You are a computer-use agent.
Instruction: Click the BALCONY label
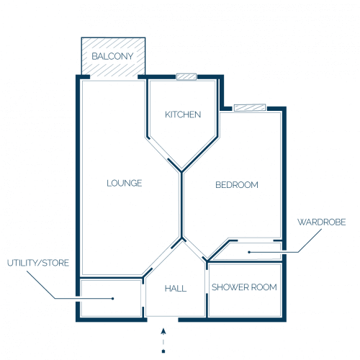coord(112,56)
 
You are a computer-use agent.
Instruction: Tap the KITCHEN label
coord(183,114)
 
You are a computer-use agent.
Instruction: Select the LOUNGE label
coord(125,183)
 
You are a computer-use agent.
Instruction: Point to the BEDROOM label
coord(237,185)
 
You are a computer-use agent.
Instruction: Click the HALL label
coord(176,289)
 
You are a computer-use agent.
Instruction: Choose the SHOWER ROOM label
coord(244,287)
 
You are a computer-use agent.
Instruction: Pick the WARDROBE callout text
coord(322,222)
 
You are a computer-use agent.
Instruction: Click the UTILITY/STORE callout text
coord(38,263)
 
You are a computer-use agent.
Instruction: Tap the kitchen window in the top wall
coord(186,77)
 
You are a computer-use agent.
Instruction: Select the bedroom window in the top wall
coord(250,107)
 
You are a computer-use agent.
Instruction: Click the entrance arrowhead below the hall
coord(163,331)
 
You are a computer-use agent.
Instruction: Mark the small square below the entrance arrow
coord(163,351)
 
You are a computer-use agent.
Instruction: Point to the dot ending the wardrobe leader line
coord(249,252)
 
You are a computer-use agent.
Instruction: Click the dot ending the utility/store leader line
coord(113,299)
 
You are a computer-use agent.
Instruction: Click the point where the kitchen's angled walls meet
coord(181,171)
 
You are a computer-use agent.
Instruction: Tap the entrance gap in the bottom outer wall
coord(163,320)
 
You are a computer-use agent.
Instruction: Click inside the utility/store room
coord(111,298)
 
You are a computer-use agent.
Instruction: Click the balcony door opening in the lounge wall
coord(114,77)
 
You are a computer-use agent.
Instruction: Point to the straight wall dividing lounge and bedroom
coord(181,204)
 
